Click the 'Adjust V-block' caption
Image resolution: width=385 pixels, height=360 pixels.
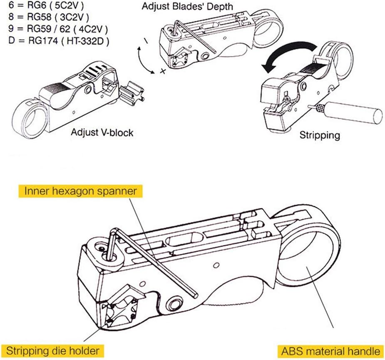pos(102,132)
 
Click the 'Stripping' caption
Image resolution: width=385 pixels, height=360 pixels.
pos(320,135)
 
